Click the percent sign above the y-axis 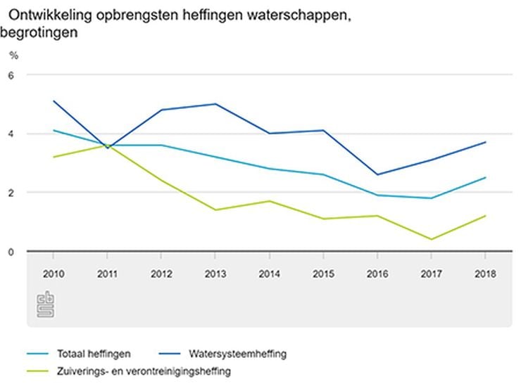(x=13, y=55)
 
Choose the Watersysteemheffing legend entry (x=237, y=354)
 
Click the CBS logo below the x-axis (x=46, y=305)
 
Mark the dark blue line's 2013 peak (x=215, y=104)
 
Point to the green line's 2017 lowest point (x=432, y=239)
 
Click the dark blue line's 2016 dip (x=378, y=174)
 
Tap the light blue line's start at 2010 (x=54, y=130)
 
